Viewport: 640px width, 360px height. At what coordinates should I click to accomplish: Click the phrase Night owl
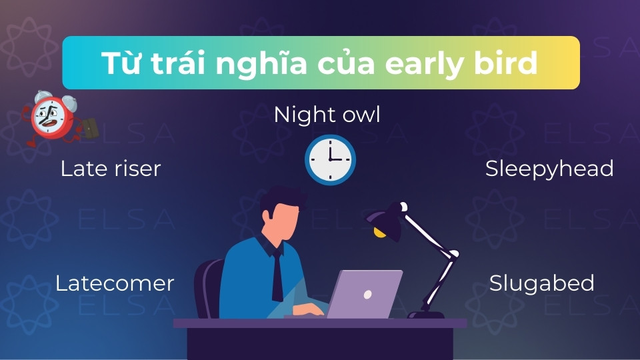327,115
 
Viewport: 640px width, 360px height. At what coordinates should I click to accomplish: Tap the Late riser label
111,169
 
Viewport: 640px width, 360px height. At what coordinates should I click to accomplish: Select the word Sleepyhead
549,169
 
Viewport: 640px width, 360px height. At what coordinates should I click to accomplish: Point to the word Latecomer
114,283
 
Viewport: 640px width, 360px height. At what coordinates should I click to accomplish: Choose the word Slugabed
541,283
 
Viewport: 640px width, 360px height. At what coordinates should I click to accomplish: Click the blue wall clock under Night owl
330,160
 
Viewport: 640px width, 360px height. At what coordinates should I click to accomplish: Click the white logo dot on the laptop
367,294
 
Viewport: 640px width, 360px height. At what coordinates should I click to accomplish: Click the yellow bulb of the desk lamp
380,233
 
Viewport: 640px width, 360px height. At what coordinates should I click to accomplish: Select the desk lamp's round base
426,315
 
